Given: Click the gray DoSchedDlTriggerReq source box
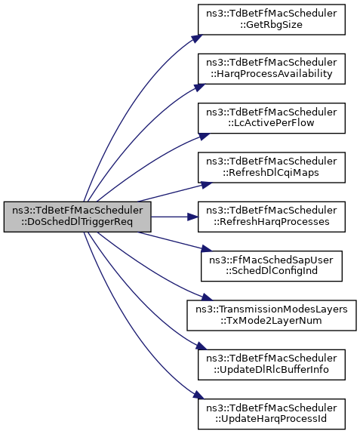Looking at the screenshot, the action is [77, 217].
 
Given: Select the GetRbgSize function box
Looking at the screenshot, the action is [272, 20].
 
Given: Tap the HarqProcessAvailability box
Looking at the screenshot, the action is [272, 69].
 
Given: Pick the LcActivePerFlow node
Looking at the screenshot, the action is [272, 119].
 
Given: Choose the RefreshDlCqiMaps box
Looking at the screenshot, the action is [272, 168].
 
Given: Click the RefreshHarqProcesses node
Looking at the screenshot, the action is [272, 217].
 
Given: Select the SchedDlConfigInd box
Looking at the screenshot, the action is [272, 266].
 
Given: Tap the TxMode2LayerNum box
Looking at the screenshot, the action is [272, 315].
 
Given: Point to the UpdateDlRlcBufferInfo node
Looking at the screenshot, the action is [272, 365].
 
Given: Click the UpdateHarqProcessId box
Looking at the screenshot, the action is [272, 414].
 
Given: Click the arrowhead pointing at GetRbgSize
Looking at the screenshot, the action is [197, 38].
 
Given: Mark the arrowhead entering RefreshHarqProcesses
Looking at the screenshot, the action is [193, 217].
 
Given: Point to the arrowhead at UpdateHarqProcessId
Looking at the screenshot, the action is [198, 395].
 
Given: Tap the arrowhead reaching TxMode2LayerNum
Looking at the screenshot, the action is [207, 297].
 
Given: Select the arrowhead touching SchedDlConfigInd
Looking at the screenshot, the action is [206, 248].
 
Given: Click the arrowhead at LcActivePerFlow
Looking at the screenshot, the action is [204, 136].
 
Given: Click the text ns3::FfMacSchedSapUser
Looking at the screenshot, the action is [271, 260].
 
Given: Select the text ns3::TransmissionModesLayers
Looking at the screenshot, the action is [272, 309].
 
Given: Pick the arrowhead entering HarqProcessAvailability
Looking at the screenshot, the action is [199, 88].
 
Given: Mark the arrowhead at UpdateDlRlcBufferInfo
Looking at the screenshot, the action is [200, 346].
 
